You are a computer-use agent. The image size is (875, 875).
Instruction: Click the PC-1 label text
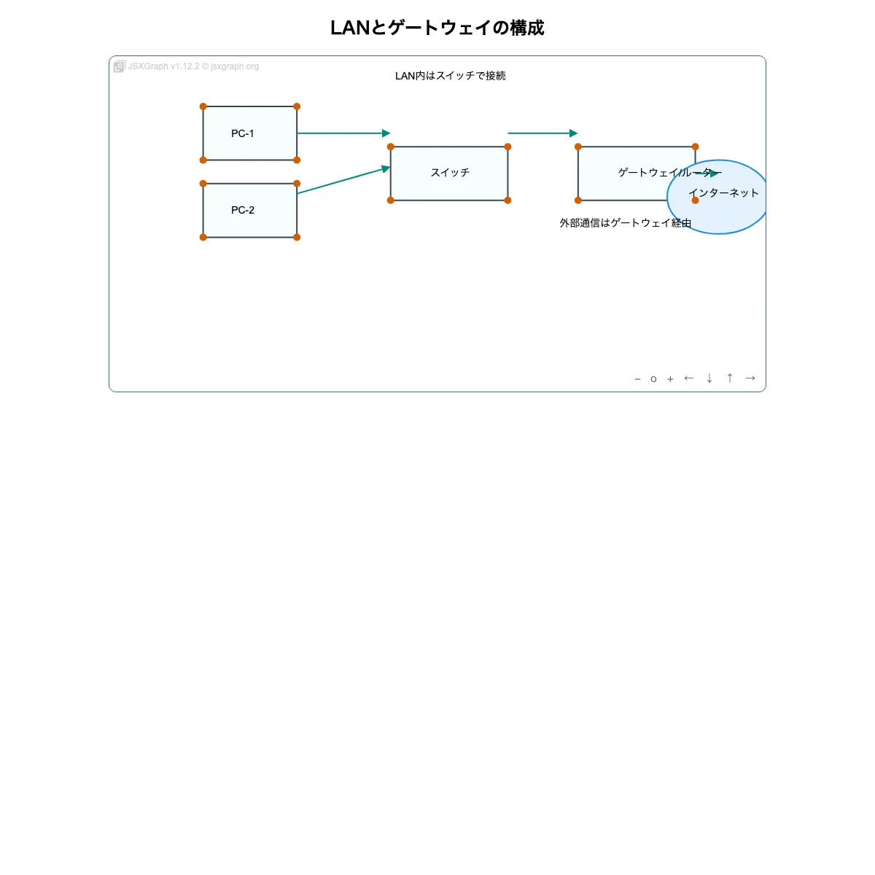pyautogui.click(x=242, y=133)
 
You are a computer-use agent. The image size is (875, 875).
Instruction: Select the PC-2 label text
pyautogui.click(x=243, y=210)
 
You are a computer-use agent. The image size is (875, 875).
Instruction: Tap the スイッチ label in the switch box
pyautogui.click(x=450, y=173)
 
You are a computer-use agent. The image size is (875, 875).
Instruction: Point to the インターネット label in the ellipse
pyautogui.click(x=723, y=193)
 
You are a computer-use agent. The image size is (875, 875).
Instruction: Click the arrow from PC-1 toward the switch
pyautogui.click(x=343, y=133)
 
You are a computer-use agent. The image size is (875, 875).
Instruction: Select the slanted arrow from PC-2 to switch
pyautogui.click(x=343, y=181)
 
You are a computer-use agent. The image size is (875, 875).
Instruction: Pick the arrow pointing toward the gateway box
pyautogui.click(x=542, y=133)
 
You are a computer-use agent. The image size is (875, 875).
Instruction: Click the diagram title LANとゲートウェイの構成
pyautogui.click(x=437, y=28)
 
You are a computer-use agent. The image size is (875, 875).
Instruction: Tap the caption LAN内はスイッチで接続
pyautogui.click(x=450, y=76)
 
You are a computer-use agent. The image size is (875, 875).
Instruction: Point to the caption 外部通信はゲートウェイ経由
pyautogui.click(x=625, y=223)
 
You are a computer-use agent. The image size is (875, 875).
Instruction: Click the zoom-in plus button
pyautogui.click(x=670, y=378)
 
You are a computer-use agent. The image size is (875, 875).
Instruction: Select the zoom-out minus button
pyautogui.click(x=637, y=378)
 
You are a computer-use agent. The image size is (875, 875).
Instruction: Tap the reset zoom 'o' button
pyautogui.click(x=653, y=379)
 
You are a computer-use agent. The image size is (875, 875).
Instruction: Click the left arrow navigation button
pyautogui.click(x=688, y=378)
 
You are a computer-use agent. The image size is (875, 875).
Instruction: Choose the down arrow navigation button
pyautogui.click(x=709, y=378)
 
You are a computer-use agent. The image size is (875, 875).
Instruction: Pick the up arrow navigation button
pyautogui.click(x=729, y=378)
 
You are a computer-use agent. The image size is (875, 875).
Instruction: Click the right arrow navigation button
pyautogui.click(x=750, y=378)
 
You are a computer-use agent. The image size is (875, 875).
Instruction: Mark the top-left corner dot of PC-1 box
pyautogui.click(x=203, y=106)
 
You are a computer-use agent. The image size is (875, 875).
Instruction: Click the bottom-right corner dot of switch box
pyautogui.click(x=507, y=201)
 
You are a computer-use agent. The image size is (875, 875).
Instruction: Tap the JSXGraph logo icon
pyautogui.click(x=119, y=66)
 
